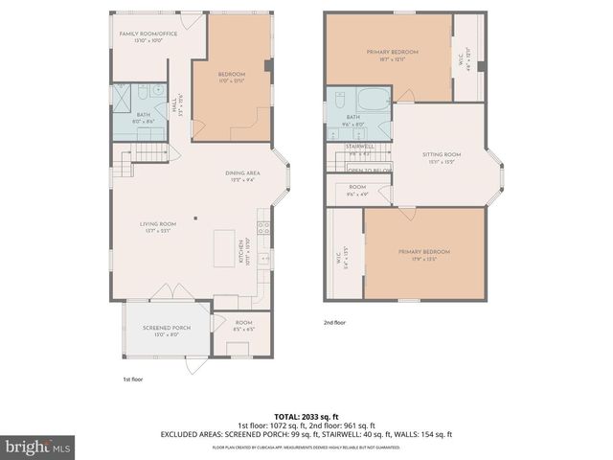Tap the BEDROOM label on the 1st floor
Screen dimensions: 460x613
coord(232,78)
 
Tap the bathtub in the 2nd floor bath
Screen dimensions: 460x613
coord(370,99)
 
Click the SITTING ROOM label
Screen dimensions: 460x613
coord(442,157)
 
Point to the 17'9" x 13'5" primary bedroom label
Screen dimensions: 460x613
coord(423,254)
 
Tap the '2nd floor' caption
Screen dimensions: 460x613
coord(334,324)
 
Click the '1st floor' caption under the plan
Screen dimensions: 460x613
coord(133,380)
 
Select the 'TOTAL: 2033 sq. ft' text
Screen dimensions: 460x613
coord(306,417)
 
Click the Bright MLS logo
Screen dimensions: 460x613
coord(37,447)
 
